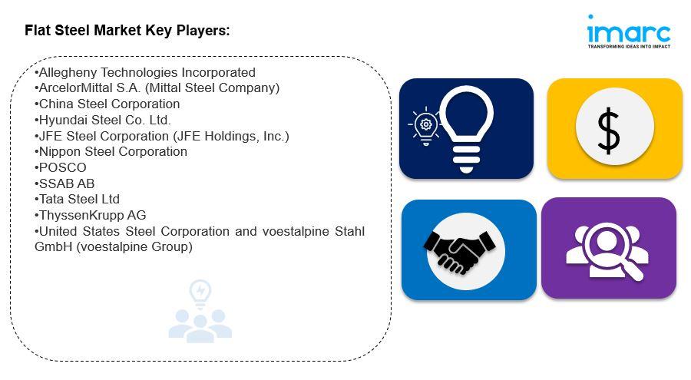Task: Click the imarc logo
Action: [629, 31]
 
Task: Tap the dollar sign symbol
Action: [608, 131]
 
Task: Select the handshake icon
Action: [459, 250]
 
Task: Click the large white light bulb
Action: [467, 129]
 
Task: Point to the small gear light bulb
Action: [425, 126]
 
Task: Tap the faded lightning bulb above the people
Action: [200, 293]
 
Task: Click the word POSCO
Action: [63, 168]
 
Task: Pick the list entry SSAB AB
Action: [67, 183]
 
